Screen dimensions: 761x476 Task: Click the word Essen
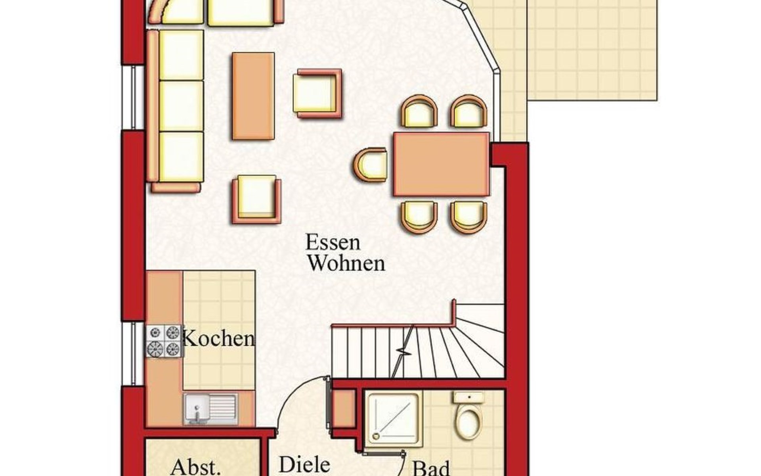tap(333, 242)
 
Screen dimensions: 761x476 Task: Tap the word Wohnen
tap(347, 263)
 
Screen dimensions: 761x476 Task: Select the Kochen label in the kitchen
tap(219, 339)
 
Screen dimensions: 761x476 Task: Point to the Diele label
tap(304, 464)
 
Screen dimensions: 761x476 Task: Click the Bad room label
tap(431, 468)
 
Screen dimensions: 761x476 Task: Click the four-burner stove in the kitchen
tap(164, 341)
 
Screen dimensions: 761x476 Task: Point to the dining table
tap(442, 164)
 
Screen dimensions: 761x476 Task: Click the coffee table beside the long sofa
tap(253, 96)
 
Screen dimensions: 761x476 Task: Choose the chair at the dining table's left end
tap(371, 164)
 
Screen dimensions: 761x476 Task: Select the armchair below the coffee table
tap(256, 199)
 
